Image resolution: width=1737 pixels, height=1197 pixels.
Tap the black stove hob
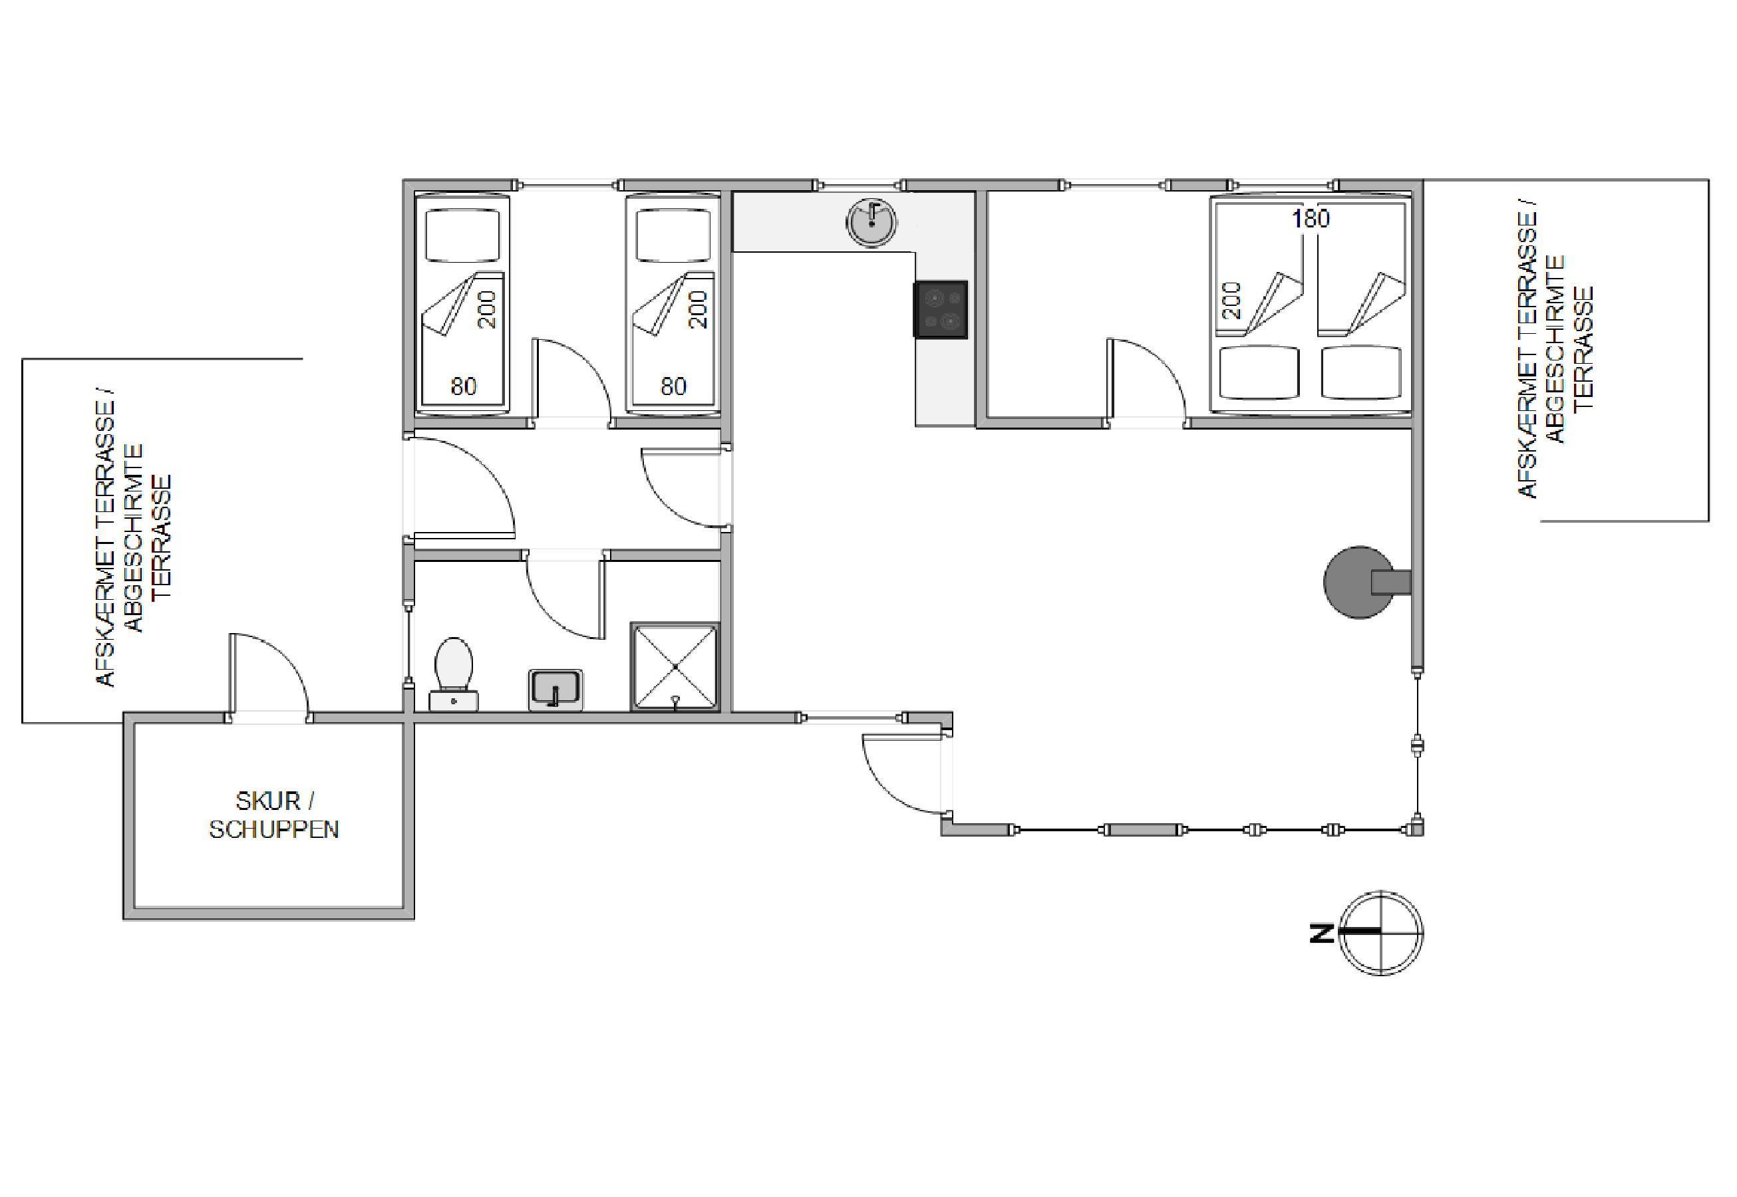(939, 310)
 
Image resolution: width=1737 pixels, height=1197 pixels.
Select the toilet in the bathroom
(454, 674)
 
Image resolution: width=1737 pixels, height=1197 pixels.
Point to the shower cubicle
(675, 666)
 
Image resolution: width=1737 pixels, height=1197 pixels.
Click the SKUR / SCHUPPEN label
(274, 815)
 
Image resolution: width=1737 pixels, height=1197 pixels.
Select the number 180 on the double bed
(1311, 218)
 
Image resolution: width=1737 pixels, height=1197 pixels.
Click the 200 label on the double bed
(1232, 301)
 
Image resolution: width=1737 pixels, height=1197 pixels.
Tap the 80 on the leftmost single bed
(464, 386)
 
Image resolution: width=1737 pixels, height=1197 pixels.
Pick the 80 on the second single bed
(674, 386)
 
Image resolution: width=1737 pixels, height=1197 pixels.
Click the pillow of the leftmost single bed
(462, 235)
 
